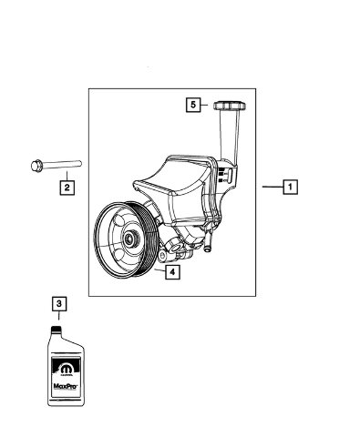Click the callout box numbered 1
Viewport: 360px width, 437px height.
290,187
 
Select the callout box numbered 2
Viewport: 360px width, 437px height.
67,188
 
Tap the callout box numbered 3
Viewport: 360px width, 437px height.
59,303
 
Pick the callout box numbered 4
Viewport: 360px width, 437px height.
172,272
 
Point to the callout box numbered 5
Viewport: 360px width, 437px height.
193,105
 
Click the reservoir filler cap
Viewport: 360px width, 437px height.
230,106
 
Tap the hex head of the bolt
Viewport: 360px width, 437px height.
36,166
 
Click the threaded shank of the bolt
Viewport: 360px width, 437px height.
62,164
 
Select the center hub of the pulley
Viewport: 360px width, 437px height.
131,239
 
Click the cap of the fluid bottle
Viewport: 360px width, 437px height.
56,330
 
